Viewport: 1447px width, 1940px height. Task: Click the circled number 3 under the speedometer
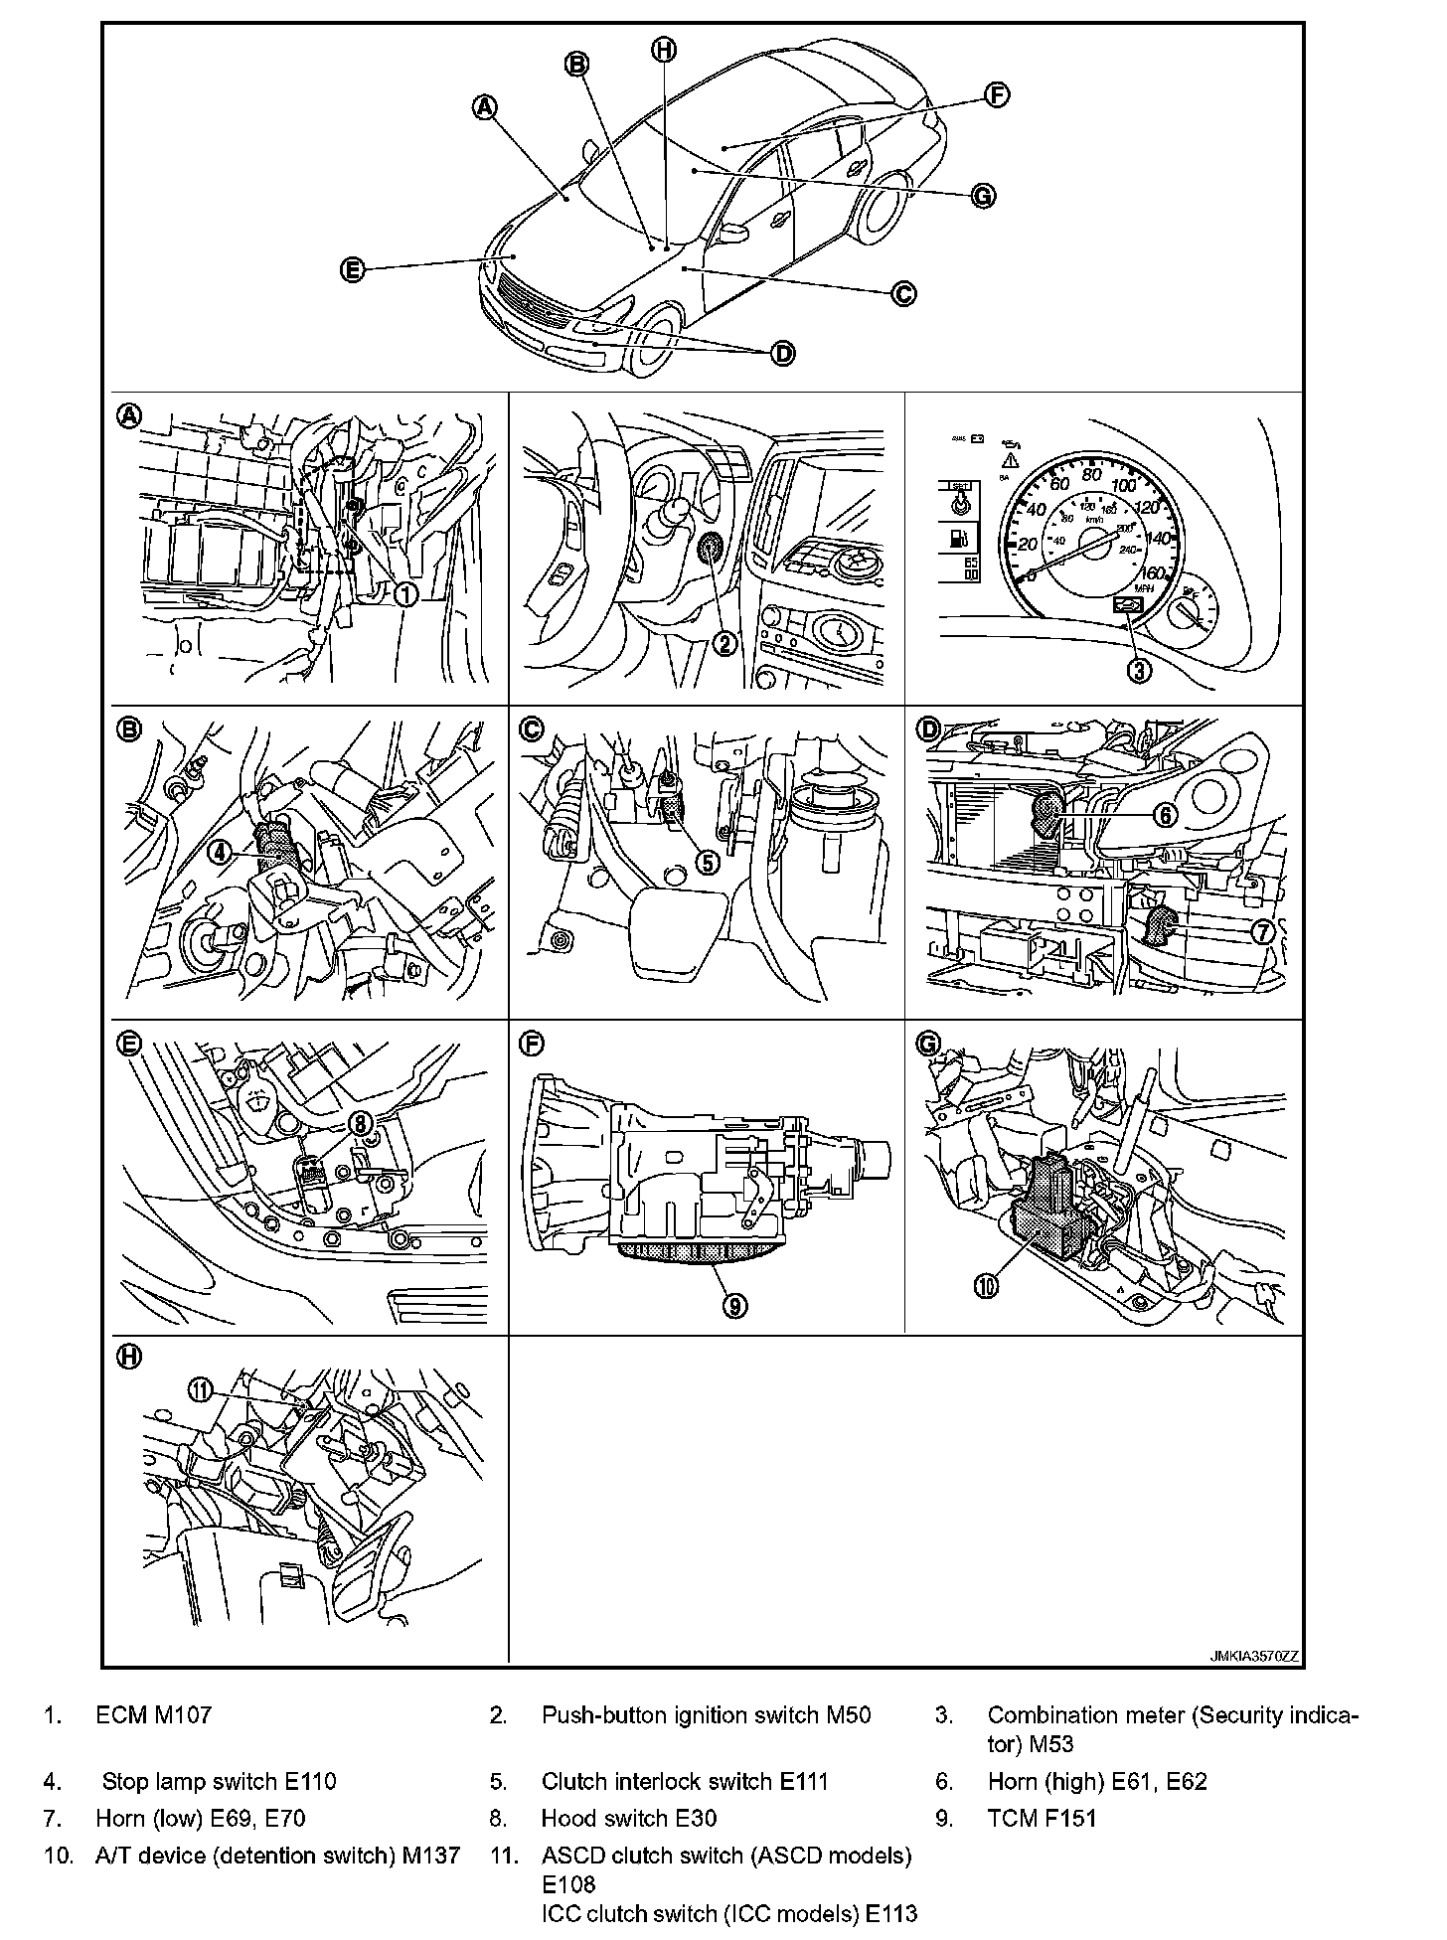pos(1139,670)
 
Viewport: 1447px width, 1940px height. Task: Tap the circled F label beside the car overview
pos(997,94)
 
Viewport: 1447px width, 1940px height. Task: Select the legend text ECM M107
pos(153,1714)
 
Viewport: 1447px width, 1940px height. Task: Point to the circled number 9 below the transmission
pos(734,1306)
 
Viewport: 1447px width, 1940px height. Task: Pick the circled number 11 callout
pos(202,1390)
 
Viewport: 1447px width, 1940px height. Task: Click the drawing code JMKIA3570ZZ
pos(1254,1656)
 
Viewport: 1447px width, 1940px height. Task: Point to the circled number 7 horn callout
pos(1262,931)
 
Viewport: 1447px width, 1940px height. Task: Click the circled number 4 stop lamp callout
pos(220,851)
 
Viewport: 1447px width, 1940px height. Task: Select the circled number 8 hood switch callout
pos(361,1121)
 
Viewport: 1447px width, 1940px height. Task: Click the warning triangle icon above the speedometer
pos(1013,459)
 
